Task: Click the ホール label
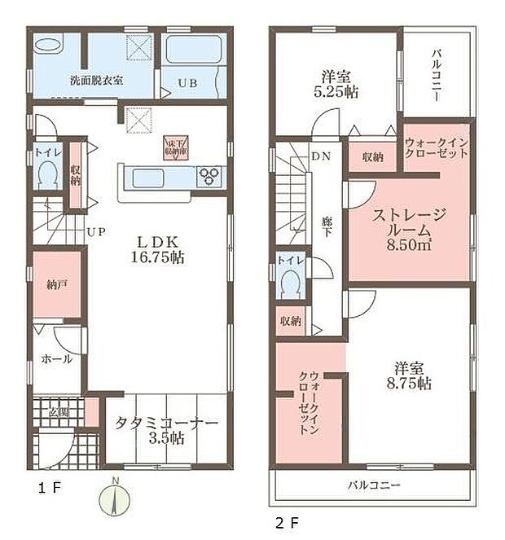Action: (x=55, y=358)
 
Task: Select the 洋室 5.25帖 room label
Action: (x=336, y=84)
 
